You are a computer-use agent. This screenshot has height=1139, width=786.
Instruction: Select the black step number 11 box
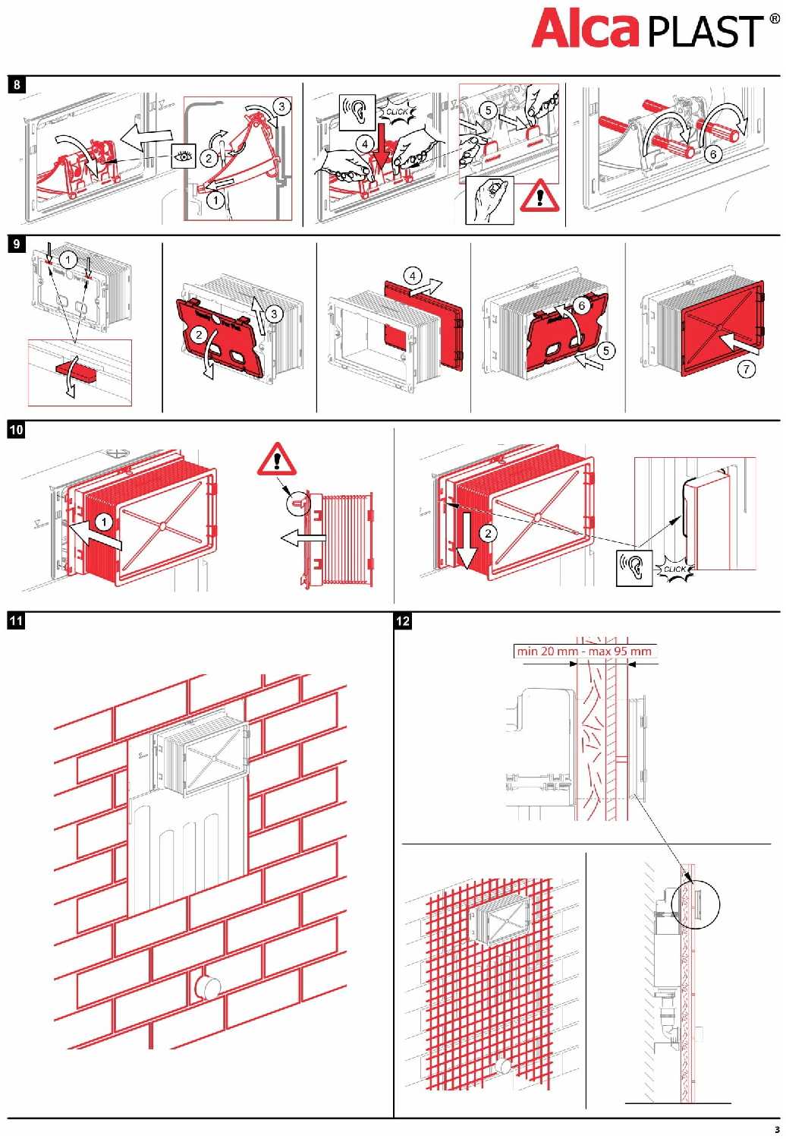point(17,621)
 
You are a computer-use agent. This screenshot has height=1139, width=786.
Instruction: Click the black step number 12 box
point(403,621)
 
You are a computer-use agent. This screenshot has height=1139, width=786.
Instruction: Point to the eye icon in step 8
point(183,156)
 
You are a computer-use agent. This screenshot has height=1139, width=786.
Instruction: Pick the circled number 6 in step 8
point(712,154)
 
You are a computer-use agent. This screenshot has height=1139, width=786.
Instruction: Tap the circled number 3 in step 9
point(275,313)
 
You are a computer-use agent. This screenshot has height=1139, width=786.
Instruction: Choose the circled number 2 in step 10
point(488,533)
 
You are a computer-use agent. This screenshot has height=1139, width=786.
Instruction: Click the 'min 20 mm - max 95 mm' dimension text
point(583,651)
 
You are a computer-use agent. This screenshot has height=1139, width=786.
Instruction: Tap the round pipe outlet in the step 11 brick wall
point(207,988)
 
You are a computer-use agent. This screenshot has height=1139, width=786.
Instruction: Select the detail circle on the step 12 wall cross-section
point(696,904)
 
